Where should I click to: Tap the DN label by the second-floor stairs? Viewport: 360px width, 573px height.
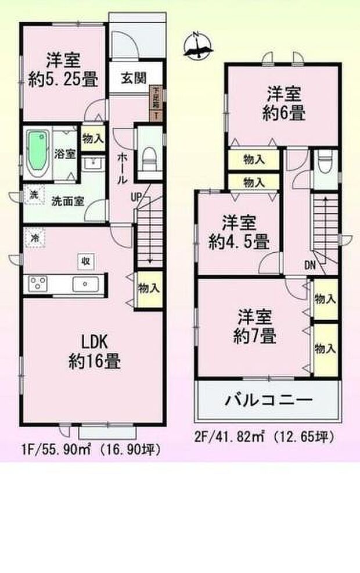coord(309,266)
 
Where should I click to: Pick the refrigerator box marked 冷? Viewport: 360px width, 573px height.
coord(35,238)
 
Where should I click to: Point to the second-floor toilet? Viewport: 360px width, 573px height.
coord(325,161)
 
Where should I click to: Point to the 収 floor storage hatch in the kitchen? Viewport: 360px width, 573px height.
coord(85,262)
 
